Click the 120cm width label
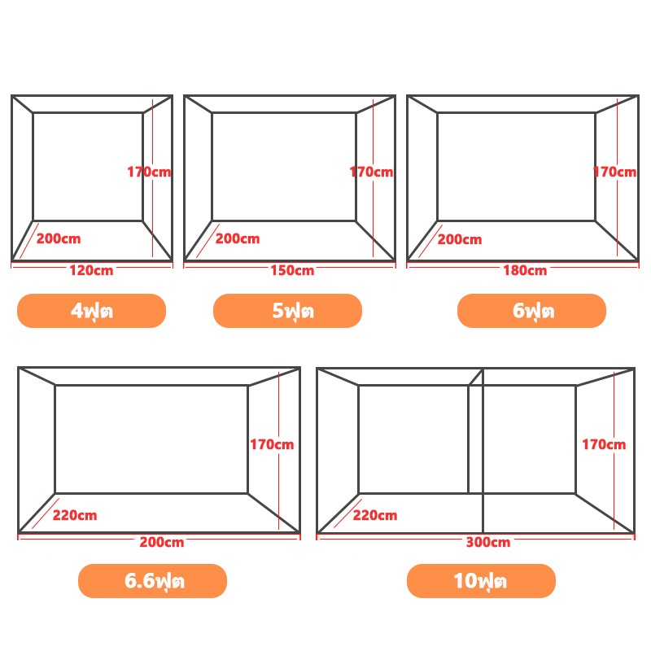tap(91, 271)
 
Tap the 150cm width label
tap(292, 271)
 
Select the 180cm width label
tap(525, 271)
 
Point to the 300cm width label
tap(488, 542)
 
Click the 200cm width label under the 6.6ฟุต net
tap(162, 542)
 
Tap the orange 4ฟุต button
tap(91, 311)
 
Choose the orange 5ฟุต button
tap(287, 311)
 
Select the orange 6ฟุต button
tap(531, 311)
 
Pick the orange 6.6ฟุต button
tap(152, 581)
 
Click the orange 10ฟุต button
tap(481, 581)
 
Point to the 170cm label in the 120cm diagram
tap(149, 172)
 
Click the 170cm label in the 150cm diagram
tap(372, 172)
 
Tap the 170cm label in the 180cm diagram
tap(615, 172)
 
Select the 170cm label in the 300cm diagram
tap(604, 444)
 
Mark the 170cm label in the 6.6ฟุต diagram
tap(272, 444)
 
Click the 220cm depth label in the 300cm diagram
tap(375, 516)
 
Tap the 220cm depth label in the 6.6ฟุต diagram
tap(75, 516)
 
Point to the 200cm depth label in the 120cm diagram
tap(59, 238)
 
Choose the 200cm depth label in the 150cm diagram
tap(238, 238)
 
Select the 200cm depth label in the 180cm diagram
tap(460, 239)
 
